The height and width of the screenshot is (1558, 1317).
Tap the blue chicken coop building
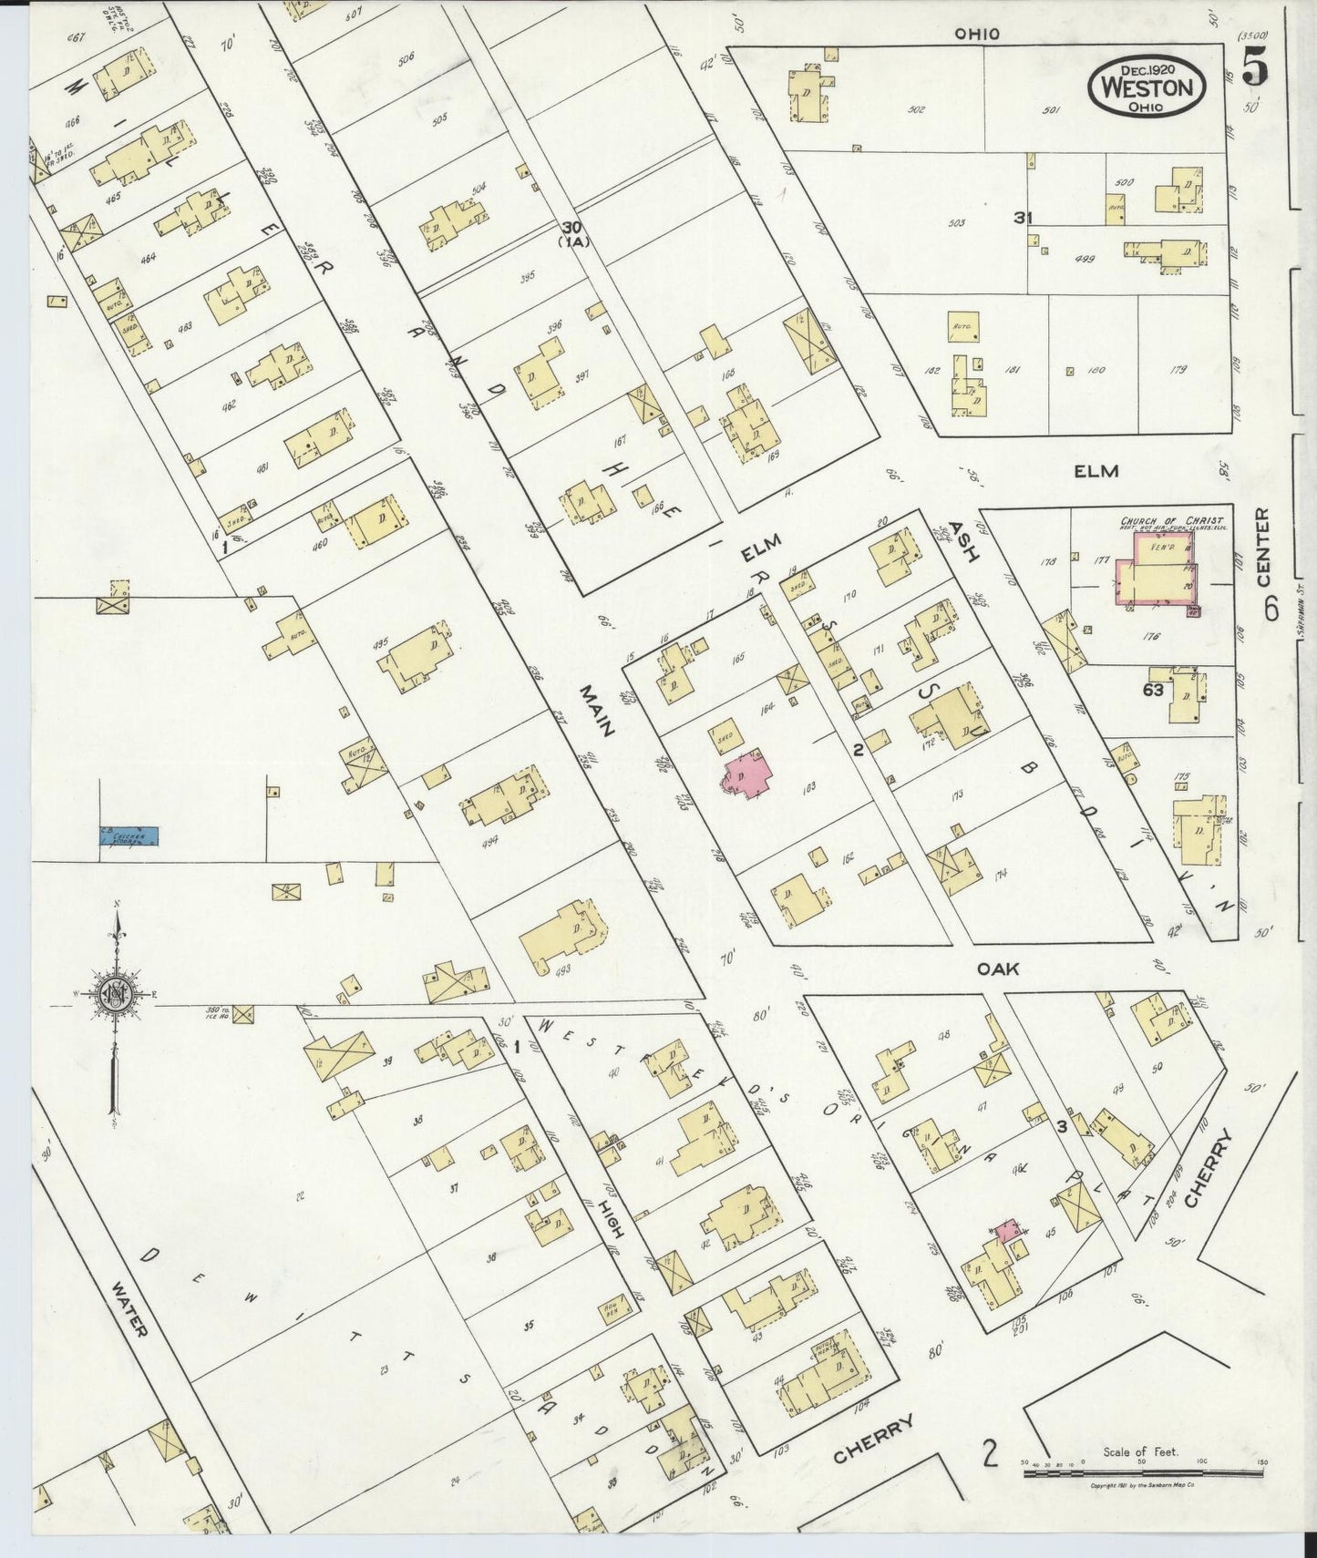click(129, 834)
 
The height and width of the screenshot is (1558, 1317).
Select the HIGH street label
click(612, 1217)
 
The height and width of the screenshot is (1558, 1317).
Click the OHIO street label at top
click(977, 34)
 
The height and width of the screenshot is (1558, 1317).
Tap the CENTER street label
click(1262, 548)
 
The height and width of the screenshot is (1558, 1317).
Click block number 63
click(1153, 690)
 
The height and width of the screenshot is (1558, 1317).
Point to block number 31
click(1022, 218)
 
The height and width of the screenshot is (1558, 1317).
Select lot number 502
click(917, 110)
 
